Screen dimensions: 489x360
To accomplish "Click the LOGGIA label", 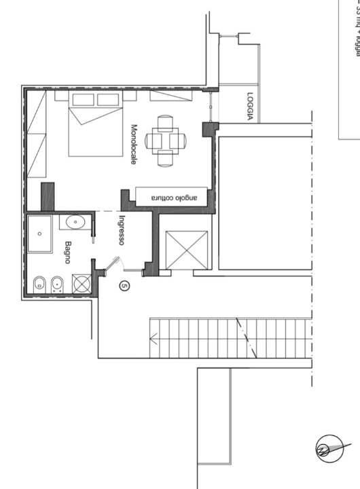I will pos(250,107).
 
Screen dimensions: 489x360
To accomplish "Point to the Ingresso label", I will pos(122,230).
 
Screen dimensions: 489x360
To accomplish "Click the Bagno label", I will pos(68,253).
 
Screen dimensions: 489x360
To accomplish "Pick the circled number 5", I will pos(124,286).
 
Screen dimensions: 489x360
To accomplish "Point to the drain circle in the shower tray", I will pos(39,233).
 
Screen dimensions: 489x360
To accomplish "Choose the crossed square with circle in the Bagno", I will pos(82,284).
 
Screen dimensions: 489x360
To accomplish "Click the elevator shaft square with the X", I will pos(186,250).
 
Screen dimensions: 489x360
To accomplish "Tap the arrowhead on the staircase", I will pos(154,338).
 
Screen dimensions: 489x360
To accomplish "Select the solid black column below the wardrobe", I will pos(48,196).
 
